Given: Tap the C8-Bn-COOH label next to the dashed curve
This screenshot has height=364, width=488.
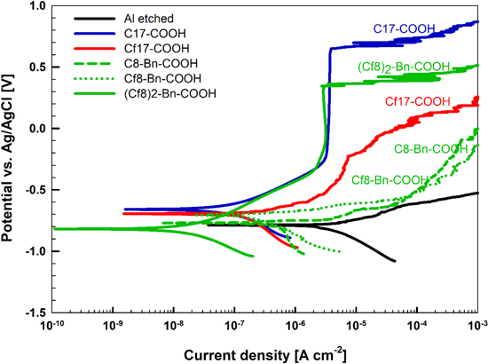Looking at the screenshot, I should pos(429,149).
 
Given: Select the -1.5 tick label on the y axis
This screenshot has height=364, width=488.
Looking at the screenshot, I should pos(35,313).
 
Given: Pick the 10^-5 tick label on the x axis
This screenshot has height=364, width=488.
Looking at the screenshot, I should pos(356,328).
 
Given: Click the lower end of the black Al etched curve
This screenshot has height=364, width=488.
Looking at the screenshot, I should pos(395,260).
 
